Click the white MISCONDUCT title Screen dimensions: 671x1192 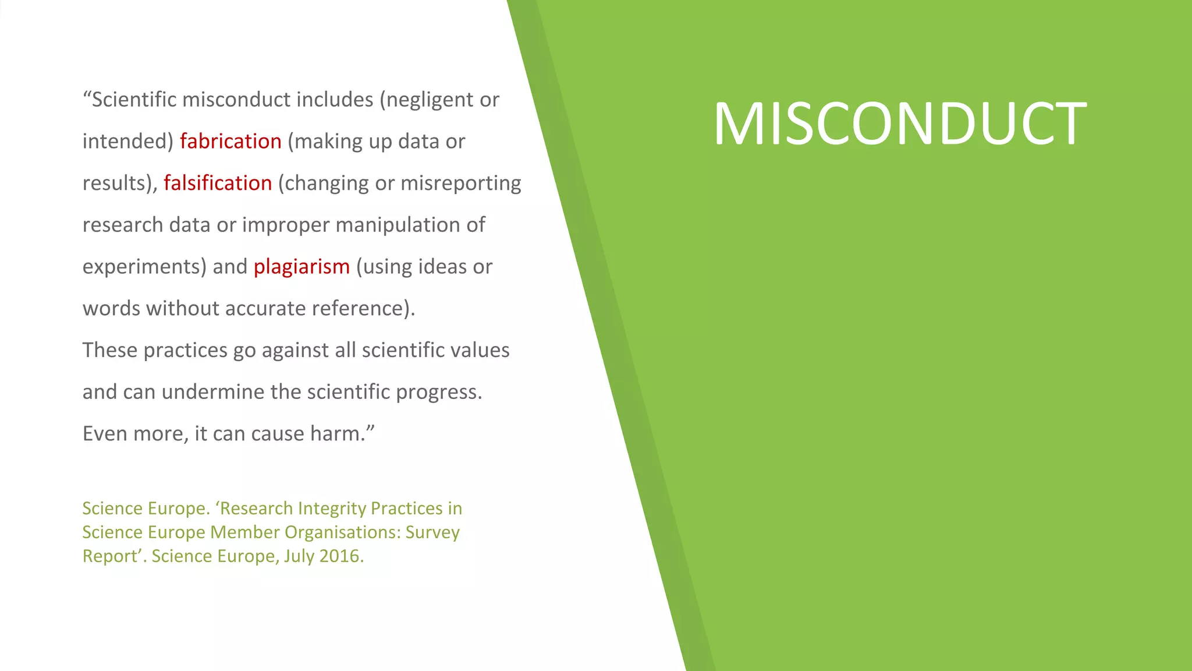tap(900, 123)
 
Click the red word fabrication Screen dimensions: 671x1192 tap(230, 142)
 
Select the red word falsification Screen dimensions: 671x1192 tap(218, 183)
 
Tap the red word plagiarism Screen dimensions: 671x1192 tap(301, 267)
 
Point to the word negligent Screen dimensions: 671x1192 tap(430, 100)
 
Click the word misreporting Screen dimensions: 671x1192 tap(460, 183)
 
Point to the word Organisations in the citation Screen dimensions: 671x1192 tap(342, 532)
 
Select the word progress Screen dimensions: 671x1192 tap(439, 392)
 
